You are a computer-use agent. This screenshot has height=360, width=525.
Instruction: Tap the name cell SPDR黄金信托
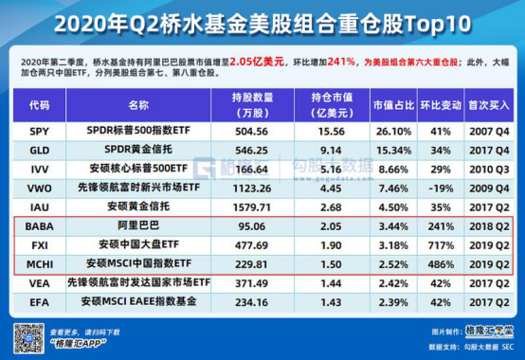(x=138, y=150)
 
